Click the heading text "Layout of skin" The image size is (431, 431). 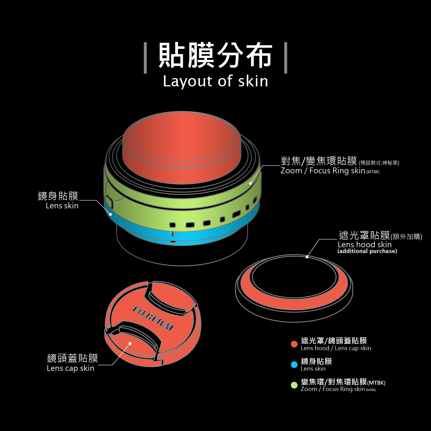pos(215,81)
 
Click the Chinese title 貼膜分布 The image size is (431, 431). pos(215,55)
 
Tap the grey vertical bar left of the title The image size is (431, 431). pos(145,58)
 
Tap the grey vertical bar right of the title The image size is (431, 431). pos(286,58)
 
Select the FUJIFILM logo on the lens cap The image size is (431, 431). pos(153,318)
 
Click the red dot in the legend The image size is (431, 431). pos(294,344)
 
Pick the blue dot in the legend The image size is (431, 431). pos(294,365)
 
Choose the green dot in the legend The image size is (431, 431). pos(294,385)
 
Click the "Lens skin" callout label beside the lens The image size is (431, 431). pos(62,206)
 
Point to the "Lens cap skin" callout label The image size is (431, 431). pos(71,368)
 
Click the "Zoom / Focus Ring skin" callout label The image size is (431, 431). pos(323,171)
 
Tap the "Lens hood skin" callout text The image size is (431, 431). pos(365,244)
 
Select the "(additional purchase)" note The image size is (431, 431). pos(367,251)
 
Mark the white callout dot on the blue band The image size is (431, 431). pos(110,214)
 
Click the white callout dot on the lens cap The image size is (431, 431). pos(130,344)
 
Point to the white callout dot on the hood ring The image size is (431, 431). pos(307,257)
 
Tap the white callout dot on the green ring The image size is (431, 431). pos(250,183)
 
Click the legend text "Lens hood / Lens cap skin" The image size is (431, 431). pos(336,348)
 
